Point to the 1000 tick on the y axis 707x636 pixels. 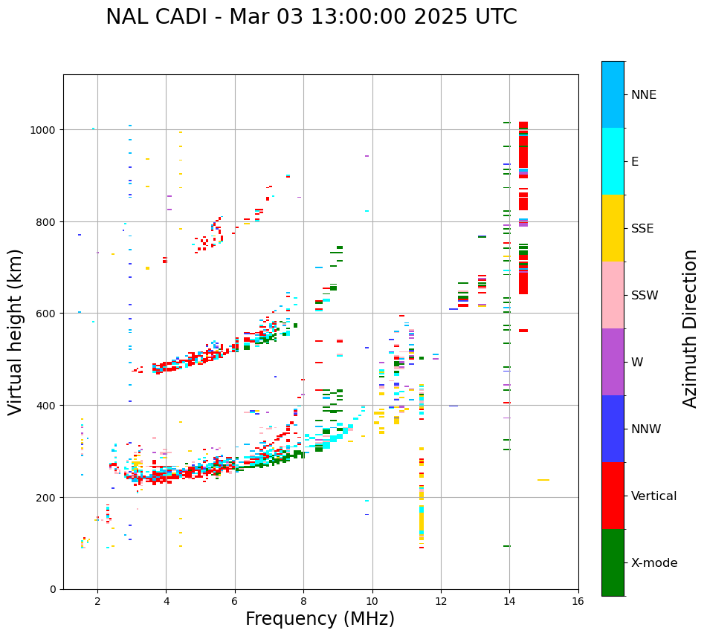pyautogui.click(x=48, y=130)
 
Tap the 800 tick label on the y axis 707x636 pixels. pyautogui.click(x=48, y=221)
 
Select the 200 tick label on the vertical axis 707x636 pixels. pyautogui.click(x=48, y=497)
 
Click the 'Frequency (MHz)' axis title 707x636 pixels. pyautogui.click(x=320, y=619)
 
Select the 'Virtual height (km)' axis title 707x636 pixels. pyautogui.click(x=16, y=331)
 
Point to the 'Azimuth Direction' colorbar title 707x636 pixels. pyautogui.click(x=691, y=328)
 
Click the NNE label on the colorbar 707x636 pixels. pyautogui.click(x=644, y=94)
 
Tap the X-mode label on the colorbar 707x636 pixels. pyautogui.click(x=654, y=563)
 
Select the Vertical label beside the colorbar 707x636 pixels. pyautogui.click(x=653, y=496)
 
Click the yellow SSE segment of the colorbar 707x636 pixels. pyautogui.click(x=613, y=228)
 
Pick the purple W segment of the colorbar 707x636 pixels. pyautogui.click(x=613, y=362)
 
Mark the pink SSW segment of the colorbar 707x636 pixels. pyautogui.click(x=613, y=295)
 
